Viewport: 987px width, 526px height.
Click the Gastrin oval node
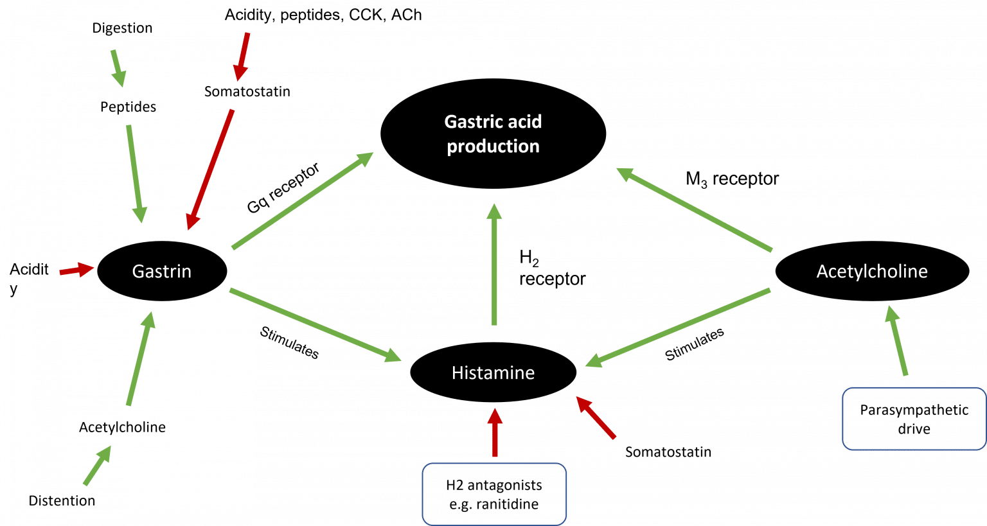click(x=162, y=271)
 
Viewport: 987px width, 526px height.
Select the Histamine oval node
click(x=493, y=373)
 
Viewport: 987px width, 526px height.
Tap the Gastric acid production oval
click(x=493, y=134)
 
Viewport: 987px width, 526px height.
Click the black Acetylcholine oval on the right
click(x=872, y=271)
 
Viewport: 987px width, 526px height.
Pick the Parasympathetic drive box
click(x=913, y=419)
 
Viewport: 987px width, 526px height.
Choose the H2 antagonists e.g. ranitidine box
click(x=493, y=495)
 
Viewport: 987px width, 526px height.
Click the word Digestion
click(x=122, y=28)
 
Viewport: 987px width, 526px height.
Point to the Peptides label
click(x=128, y=107)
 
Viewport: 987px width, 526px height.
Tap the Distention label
click(x=62, y=501)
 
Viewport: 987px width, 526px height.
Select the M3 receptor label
click(x=732, y=179)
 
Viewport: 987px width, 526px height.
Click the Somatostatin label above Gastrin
click(x=247, y=92)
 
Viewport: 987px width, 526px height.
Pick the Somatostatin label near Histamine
click(x=668, y=452)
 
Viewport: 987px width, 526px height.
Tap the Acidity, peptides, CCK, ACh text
click(x=323, y=15)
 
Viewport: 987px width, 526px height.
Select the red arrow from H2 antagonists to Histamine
click(x=495, y=432)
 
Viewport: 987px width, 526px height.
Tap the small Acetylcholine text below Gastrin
click(x=122, y=427)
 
